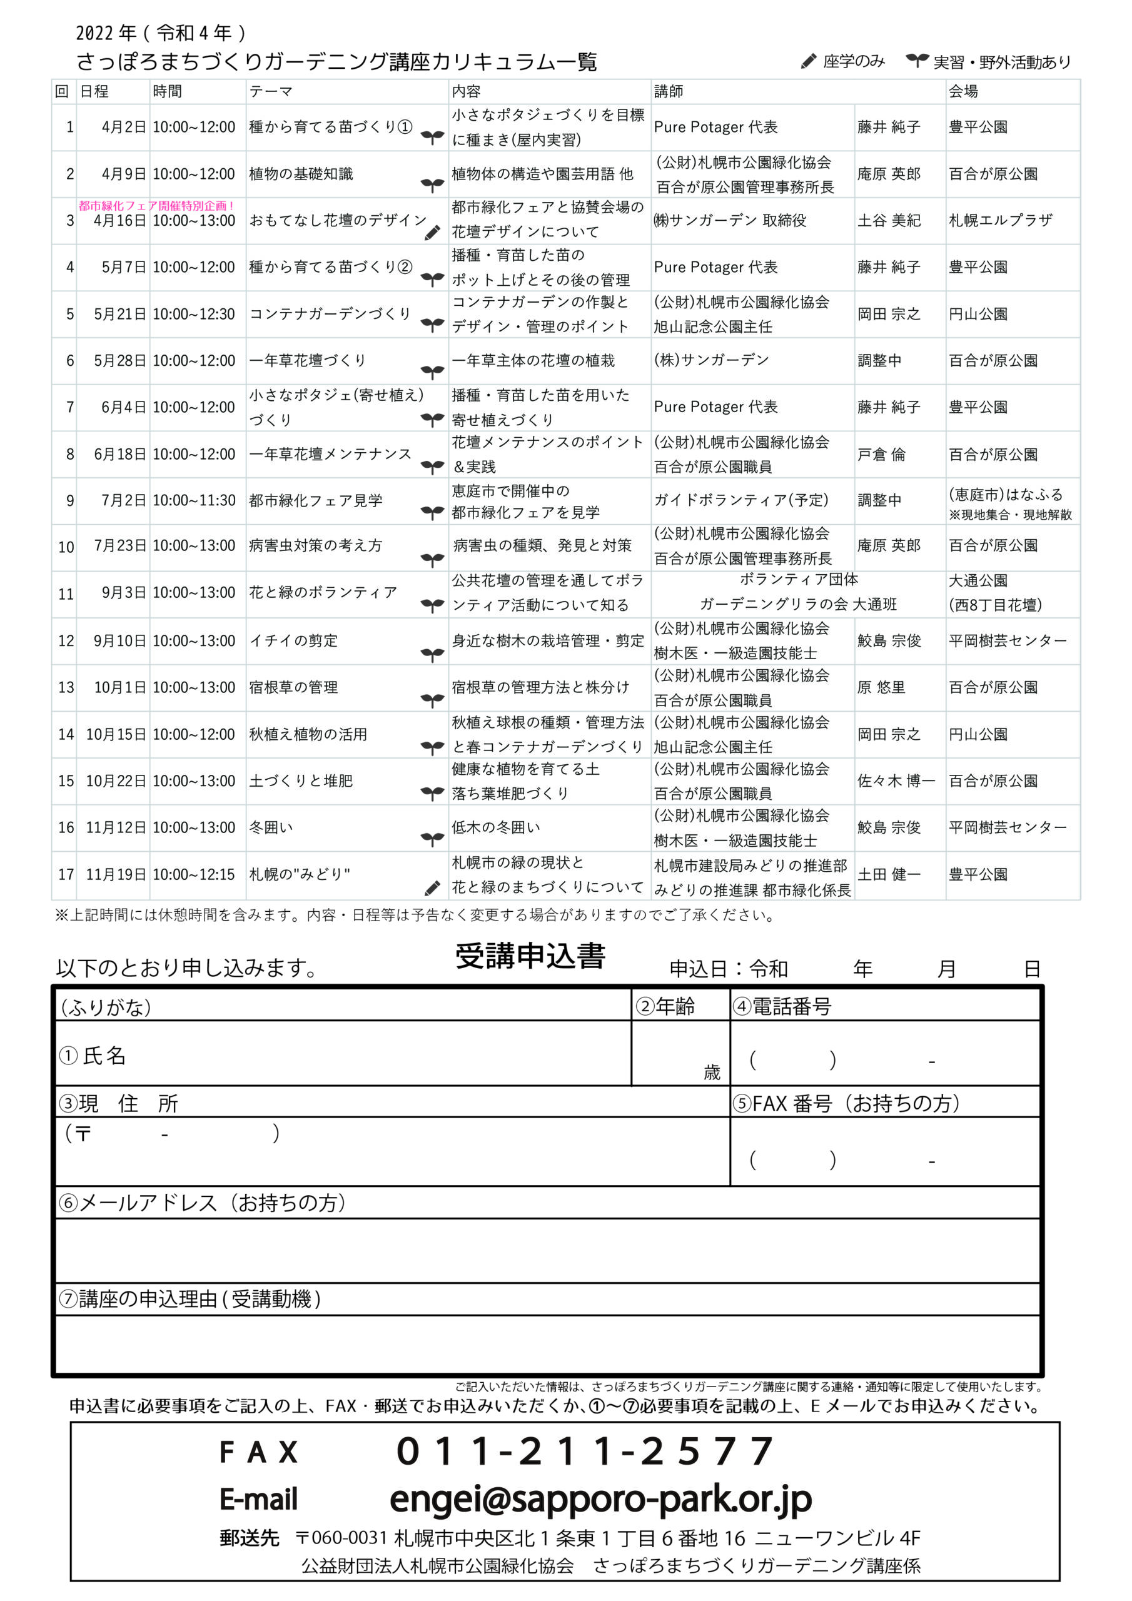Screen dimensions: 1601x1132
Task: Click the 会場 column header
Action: (963, 91)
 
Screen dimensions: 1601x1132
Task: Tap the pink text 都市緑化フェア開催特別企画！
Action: (156, 206)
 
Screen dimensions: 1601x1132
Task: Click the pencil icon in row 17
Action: (432, 887)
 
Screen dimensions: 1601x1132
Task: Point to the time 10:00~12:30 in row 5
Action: (194, 315)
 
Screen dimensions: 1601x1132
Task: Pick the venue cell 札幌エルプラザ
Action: (1000, 220)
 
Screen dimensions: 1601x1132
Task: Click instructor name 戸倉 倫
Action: (881, 455)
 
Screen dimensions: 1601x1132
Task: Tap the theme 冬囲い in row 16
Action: (271, 827)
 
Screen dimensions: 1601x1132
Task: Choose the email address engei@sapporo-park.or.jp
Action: (600, 1500)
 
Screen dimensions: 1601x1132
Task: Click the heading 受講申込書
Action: (530, 956)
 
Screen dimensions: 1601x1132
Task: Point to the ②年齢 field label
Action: (665, 1006)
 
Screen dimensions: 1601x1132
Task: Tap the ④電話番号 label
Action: (782, 1006)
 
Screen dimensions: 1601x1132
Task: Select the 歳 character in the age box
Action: (712, 1072)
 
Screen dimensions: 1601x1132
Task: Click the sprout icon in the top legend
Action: (916, 61)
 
